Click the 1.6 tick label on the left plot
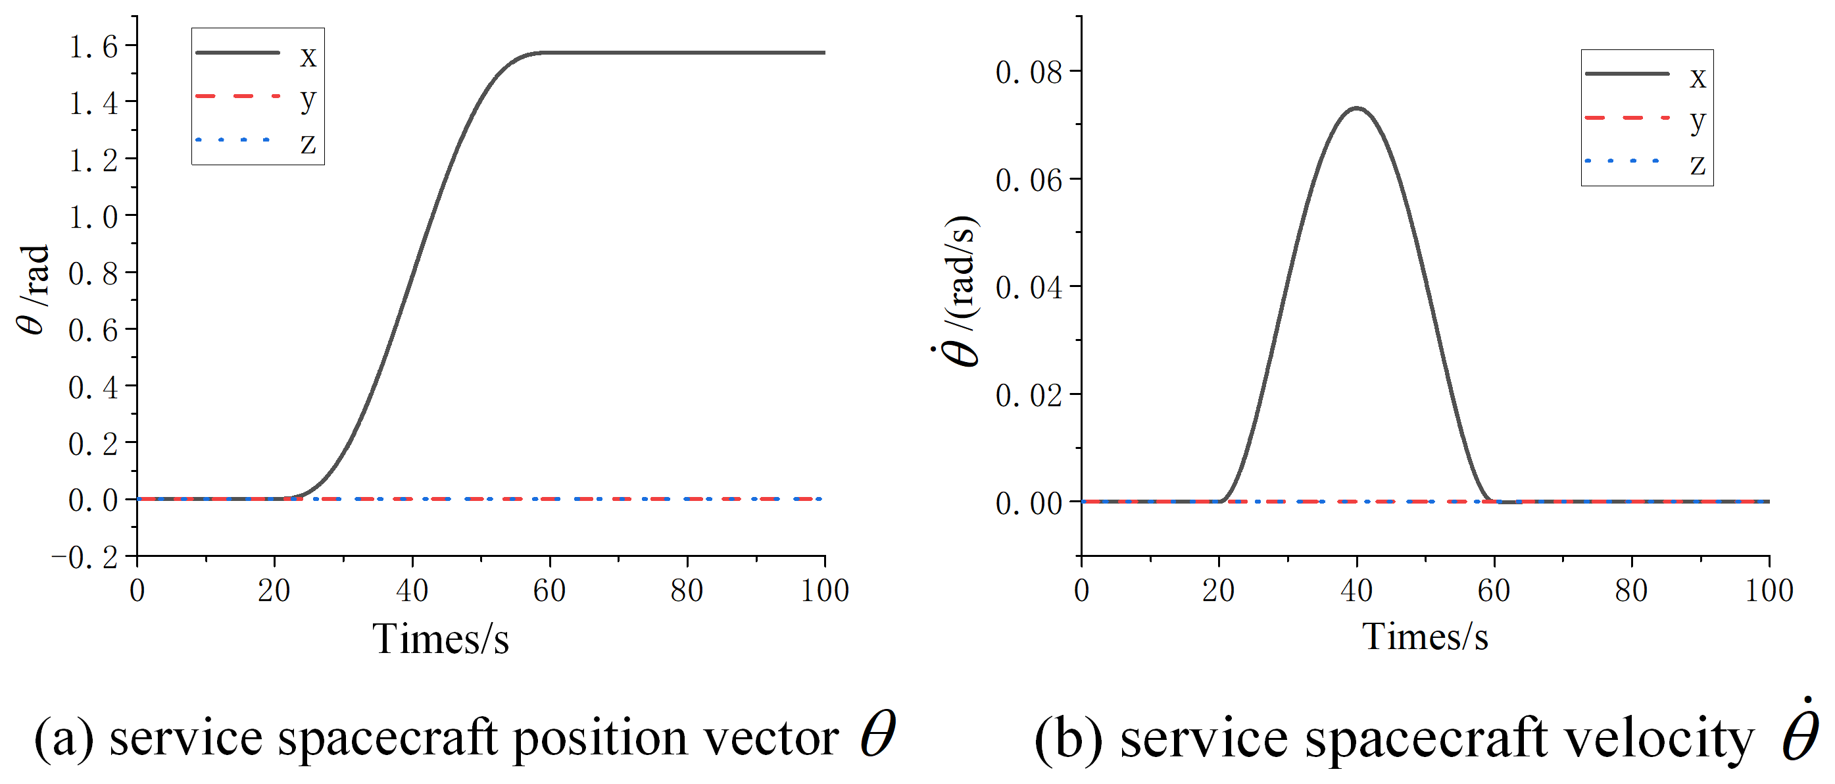pyautogui.click(x=93, y=47)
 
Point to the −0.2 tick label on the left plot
pyautogui.click(x=86, y=558)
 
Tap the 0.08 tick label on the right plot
pyautogui.click(x=1029, y=72)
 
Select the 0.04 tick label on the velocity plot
pyautogui.click(x=1029, y=288)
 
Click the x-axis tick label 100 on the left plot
pyautogui.click(x=824, y=591)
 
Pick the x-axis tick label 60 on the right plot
pyautogui.click(x=1494, y=591)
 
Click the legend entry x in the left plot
pyautogui.click(x=307, y=55)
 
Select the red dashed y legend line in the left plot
pyautogui.click(x=237, y=96)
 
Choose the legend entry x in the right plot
pyautogui.click(x=1698, y=77)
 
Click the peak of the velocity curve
pyautogui.click(x=1357, y=109)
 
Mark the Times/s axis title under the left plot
pyautogui.click(x=440, y=638)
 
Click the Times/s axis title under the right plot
pyautogui.click(x=1425, y=637)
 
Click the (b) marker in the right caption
pyautogui.click(x=1068, y=740)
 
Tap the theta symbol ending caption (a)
pyautogui.click(x=877, y=734)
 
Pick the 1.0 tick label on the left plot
pyautogui.click(x=93, y=217)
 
